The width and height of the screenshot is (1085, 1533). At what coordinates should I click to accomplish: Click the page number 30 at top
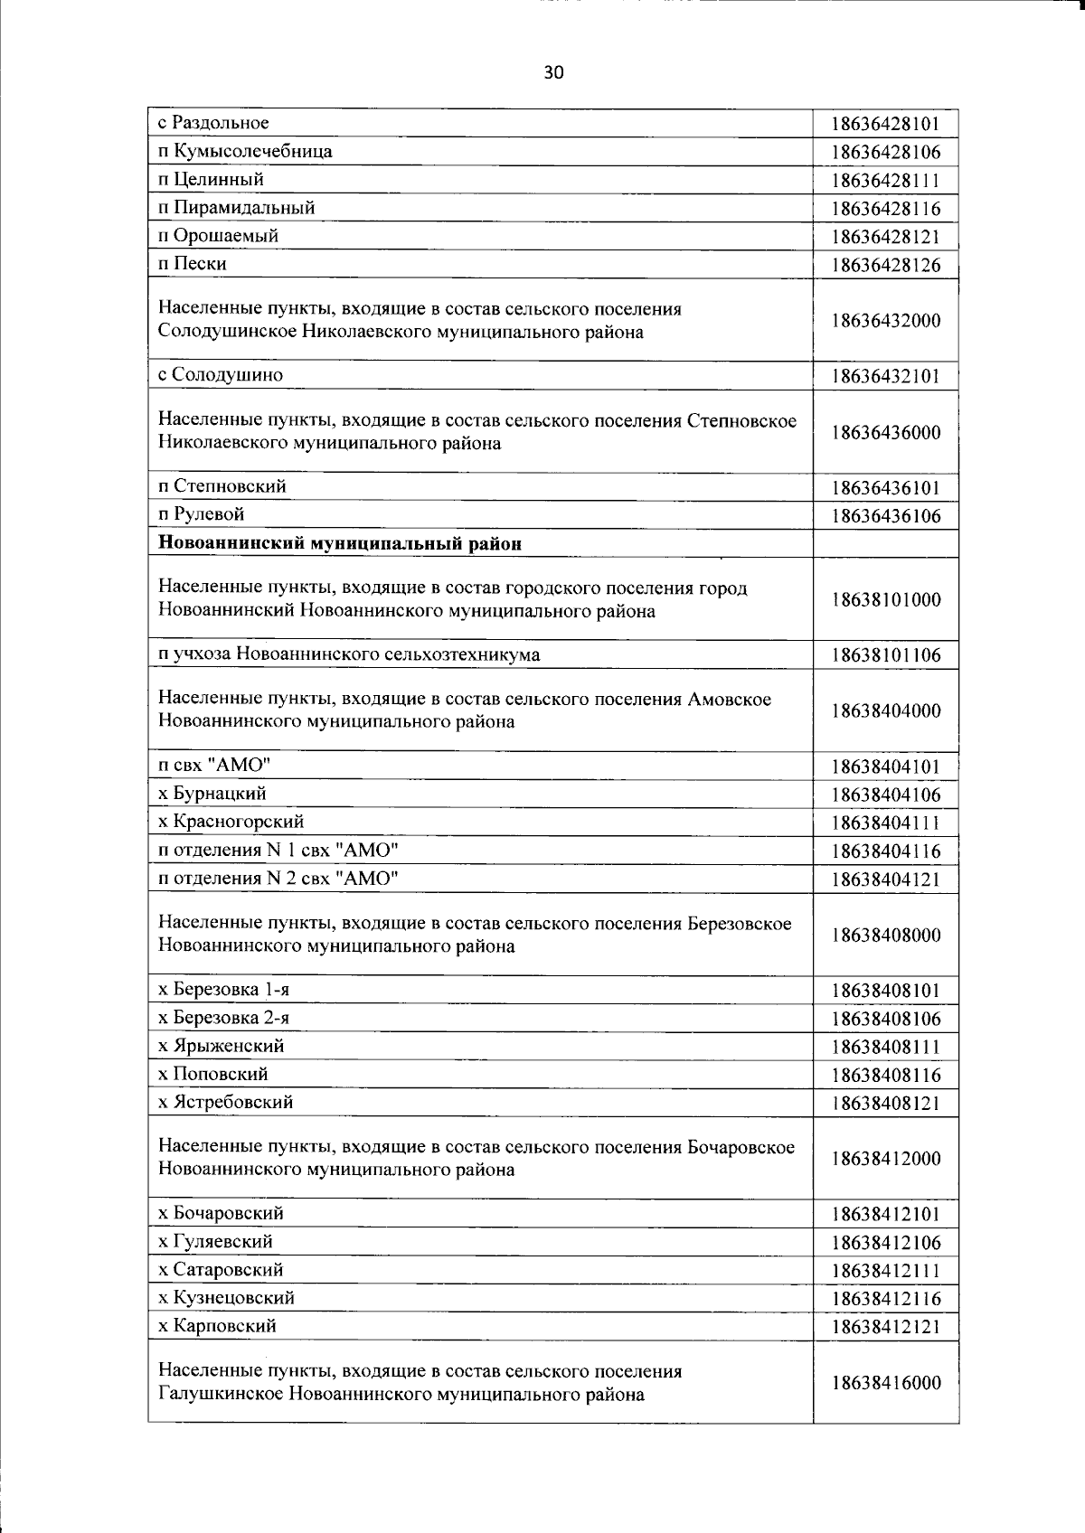pyautogui.click(x=553, y=72)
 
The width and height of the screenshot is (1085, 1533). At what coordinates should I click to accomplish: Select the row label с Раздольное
pyautogui.click(x=213, y=123)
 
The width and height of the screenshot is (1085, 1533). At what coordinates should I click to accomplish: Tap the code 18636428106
pyautogui.click(x=886, y=152)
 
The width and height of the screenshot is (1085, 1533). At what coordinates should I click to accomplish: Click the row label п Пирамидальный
pyautogui.click(x=236, y=208)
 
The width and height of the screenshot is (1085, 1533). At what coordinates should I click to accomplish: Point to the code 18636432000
pyautogui.click(x=886, y=321)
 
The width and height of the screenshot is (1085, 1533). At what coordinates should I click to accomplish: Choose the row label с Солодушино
pyautogui.click(x=220, y=374)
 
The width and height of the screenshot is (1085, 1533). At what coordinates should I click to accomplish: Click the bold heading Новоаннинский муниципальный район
pyautogui.click(x=340, y=543)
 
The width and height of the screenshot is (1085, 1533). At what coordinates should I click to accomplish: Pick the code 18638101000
pyautogui.click(x=886, y=600)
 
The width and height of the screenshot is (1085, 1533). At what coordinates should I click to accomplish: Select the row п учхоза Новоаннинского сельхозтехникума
pyautogui.click(x=349, y=654)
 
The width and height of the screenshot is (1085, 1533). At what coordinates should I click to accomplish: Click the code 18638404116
pyautogui.click(x=886, y=851)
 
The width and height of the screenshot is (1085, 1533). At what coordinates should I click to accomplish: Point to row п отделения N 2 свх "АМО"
pyautogui.click(x=278, y=879)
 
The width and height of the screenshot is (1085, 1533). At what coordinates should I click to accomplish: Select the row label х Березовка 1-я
pyautogui.click(x=223, y=990)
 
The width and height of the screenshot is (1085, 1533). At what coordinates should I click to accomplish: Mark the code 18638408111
pyautogui.click(x=886, y=1048)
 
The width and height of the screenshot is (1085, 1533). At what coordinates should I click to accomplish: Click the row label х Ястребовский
pyautogui.click(x=225, y=1102)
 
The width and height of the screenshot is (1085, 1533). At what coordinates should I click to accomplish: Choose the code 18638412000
pyautogui.click(x=886, y=1159)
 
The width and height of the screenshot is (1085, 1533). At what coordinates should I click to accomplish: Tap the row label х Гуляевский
pyautogui.click(x=215, y=1242)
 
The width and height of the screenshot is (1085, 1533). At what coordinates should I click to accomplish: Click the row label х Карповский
pyautogui.click(x=217, y=1326)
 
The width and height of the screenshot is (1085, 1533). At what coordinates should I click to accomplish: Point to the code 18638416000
pyautogui.click(x=886, y=1383)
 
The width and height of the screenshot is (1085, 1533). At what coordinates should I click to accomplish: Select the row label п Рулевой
pyautogui.click(x=201, y=514)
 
